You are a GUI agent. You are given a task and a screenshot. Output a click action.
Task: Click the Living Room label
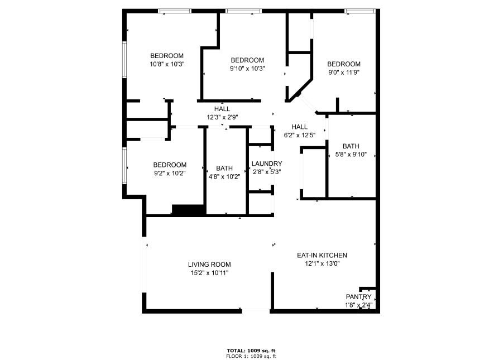(209, 265)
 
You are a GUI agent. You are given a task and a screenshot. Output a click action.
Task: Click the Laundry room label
(266, 164)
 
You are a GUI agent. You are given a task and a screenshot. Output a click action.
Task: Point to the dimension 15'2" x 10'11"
(209, 273)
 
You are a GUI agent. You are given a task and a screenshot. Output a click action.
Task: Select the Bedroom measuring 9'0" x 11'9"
(344, 64)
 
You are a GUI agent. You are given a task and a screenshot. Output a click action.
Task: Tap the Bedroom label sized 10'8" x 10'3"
(167, 56)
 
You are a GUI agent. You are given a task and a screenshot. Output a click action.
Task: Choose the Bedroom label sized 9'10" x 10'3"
(247, 60)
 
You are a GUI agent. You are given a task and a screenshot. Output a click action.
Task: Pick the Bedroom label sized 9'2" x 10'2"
(170, 165)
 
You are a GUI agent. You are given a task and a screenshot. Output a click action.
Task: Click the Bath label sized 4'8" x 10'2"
(224, 168)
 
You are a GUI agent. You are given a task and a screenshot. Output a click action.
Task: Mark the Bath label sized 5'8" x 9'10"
(351, 147)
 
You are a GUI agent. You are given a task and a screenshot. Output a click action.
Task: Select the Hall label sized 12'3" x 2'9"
(222, 109)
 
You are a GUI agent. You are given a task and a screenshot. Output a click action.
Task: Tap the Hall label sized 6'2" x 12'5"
(299, 127)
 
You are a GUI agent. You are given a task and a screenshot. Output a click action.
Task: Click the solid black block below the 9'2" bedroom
(189, 210)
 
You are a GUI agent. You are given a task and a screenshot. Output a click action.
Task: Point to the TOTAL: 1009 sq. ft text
(251, 351)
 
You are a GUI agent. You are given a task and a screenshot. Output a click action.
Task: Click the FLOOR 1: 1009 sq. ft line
(251, 356)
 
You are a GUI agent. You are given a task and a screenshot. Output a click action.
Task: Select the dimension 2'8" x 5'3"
(266, 172)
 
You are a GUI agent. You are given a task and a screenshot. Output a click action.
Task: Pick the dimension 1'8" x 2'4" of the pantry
(359, 305)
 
